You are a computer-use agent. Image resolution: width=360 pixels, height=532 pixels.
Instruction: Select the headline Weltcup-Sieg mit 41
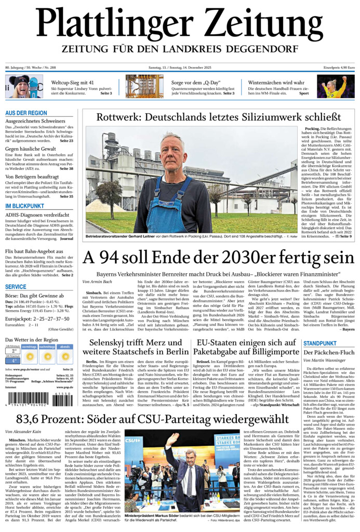click(73, 83)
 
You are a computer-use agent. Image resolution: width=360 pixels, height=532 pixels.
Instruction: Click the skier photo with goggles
click(24, 86)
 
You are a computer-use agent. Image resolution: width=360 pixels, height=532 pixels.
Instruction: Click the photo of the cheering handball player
click(336, 86)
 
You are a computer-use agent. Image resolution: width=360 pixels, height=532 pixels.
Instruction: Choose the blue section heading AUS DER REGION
click(26, 113)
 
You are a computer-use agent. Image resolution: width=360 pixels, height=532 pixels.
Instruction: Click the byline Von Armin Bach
click(97, 281)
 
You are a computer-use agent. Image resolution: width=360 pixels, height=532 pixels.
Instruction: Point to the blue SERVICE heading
click(16, 287)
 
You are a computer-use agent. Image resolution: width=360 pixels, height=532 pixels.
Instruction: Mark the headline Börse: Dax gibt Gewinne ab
click(35, 296)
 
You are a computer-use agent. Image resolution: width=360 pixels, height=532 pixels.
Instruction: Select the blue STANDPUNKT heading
click(320, 343)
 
